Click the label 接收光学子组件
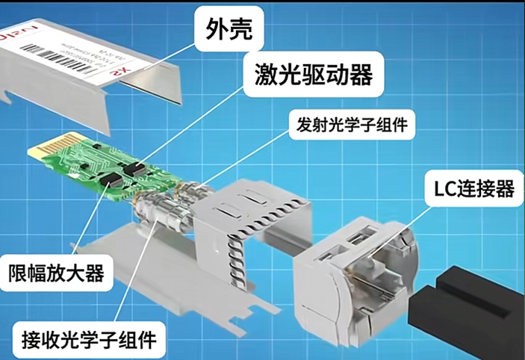(x=85, y=340)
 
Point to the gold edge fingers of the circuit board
(x=46, y=150)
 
